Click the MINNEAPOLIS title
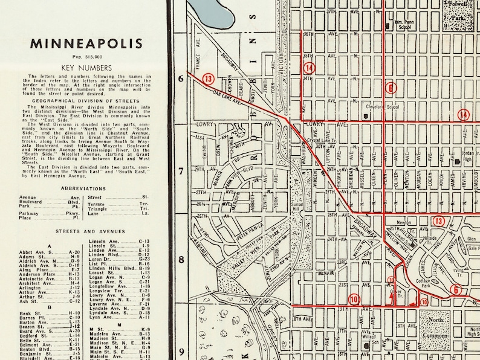(87, 43)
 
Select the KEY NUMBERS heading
(87, 68)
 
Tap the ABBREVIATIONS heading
(87, 188)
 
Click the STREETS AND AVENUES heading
(87, 231)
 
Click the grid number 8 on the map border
(180, 259)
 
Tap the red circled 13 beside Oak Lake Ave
(209, 79)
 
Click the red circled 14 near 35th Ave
(310, 68)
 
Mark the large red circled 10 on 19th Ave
(353, 298)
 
